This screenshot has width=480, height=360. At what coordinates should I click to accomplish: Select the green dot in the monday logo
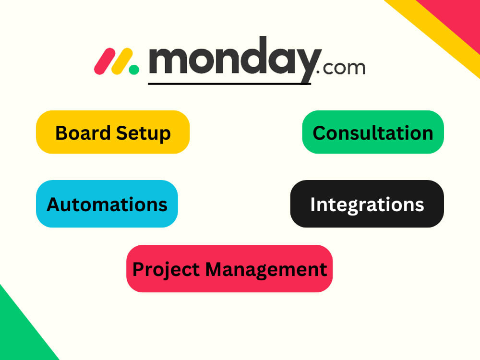coord(134,70)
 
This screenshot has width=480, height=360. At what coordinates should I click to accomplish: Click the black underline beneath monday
coord(229,84)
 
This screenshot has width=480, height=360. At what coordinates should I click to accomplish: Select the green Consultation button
coord(372,132)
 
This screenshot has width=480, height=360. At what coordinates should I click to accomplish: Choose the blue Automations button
coord(107,204)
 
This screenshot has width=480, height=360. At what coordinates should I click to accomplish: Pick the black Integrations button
coord(367,204)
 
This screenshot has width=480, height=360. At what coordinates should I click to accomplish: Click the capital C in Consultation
coord(320,132)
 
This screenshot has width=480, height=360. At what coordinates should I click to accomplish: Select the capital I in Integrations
coord(313,204)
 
